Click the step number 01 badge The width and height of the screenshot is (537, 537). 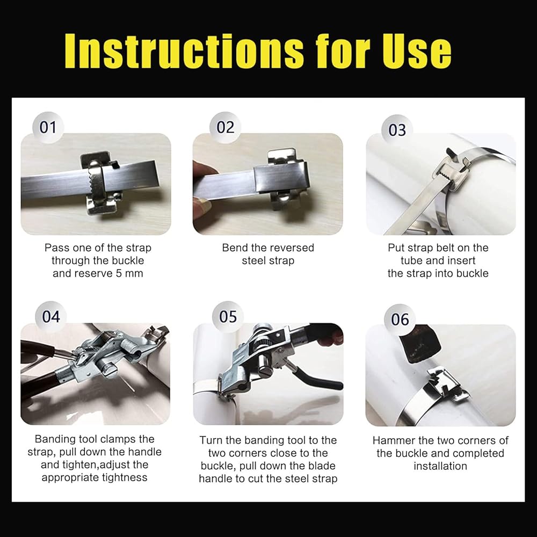pos(48,127)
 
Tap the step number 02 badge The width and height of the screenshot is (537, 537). pos(226,127)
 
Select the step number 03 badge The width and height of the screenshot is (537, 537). pos(397,130)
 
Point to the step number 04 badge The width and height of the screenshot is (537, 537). pos(50,317)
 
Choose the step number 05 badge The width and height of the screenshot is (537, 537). pos(228,317)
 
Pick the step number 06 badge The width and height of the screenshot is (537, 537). pos(400,320)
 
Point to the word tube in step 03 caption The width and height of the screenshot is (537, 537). pos(411,260)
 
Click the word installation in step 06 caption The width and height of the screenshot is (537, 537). pos(440,466)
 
